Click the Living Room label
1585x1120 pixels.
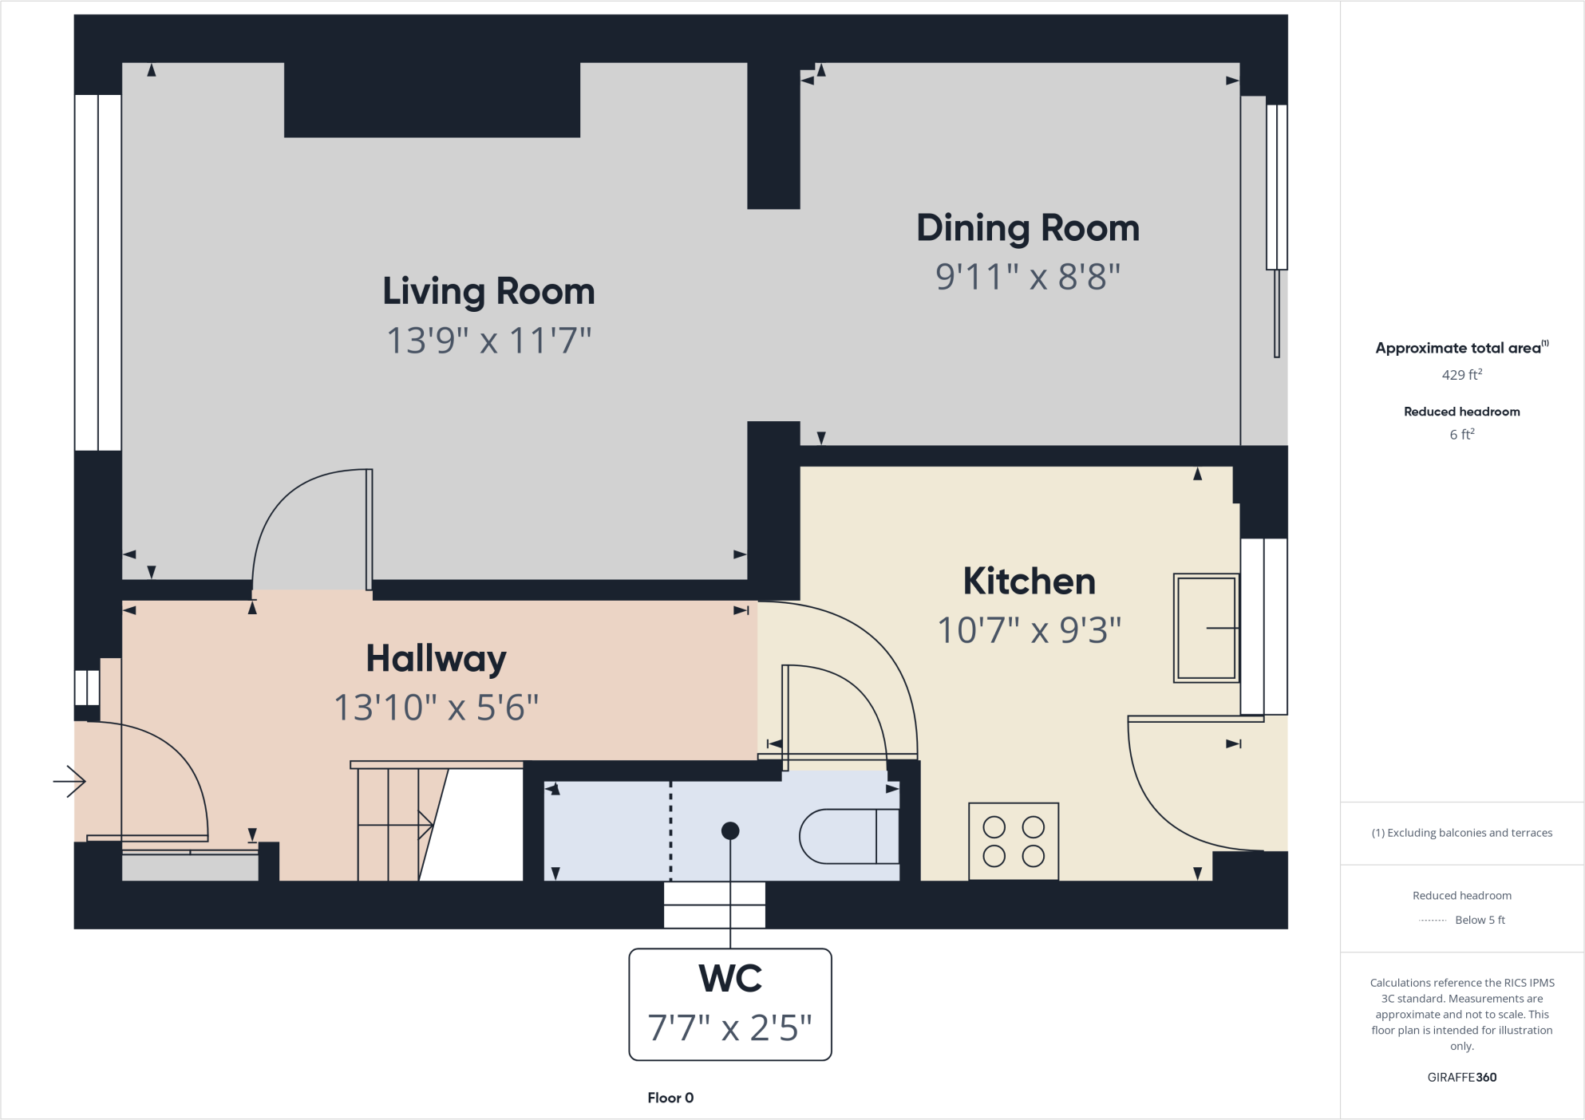point(488,291)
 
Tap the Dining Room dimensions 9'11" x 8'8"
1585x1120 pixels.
point(1028,278)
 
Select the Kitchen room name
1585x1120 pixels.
point(1029,581)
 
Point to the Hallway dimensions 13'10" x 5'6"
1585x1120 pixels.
point(436,708)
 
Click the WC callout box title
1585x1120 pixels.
point(730,978)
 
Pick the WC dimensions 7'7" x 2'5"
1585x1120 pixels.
point(730,1027)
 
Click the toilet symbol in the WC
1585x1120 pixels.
point(849,836)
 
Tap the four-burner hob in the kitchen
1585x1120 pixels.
point(1014,841)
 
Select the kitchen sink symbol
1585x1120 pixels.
point(1205,628)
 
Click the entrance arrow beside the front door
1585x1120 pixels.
point(69,781)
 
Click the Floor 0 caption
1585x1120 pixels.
point(670,1098)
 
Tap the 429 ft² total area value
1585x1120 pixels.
point(1461,374)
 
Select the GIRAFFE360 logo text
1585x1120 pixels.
point(1461,1077)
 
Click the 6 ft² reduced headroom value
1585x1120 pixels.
point(1461,434)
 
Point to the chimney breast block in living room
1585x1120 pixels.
point(432,100)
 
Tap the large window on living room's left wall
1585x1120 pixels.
point(97,273)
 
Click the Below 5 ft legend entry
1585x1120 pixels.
point(1479,920)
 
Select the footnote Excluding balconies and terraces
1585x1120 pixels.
point(1461,833)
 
